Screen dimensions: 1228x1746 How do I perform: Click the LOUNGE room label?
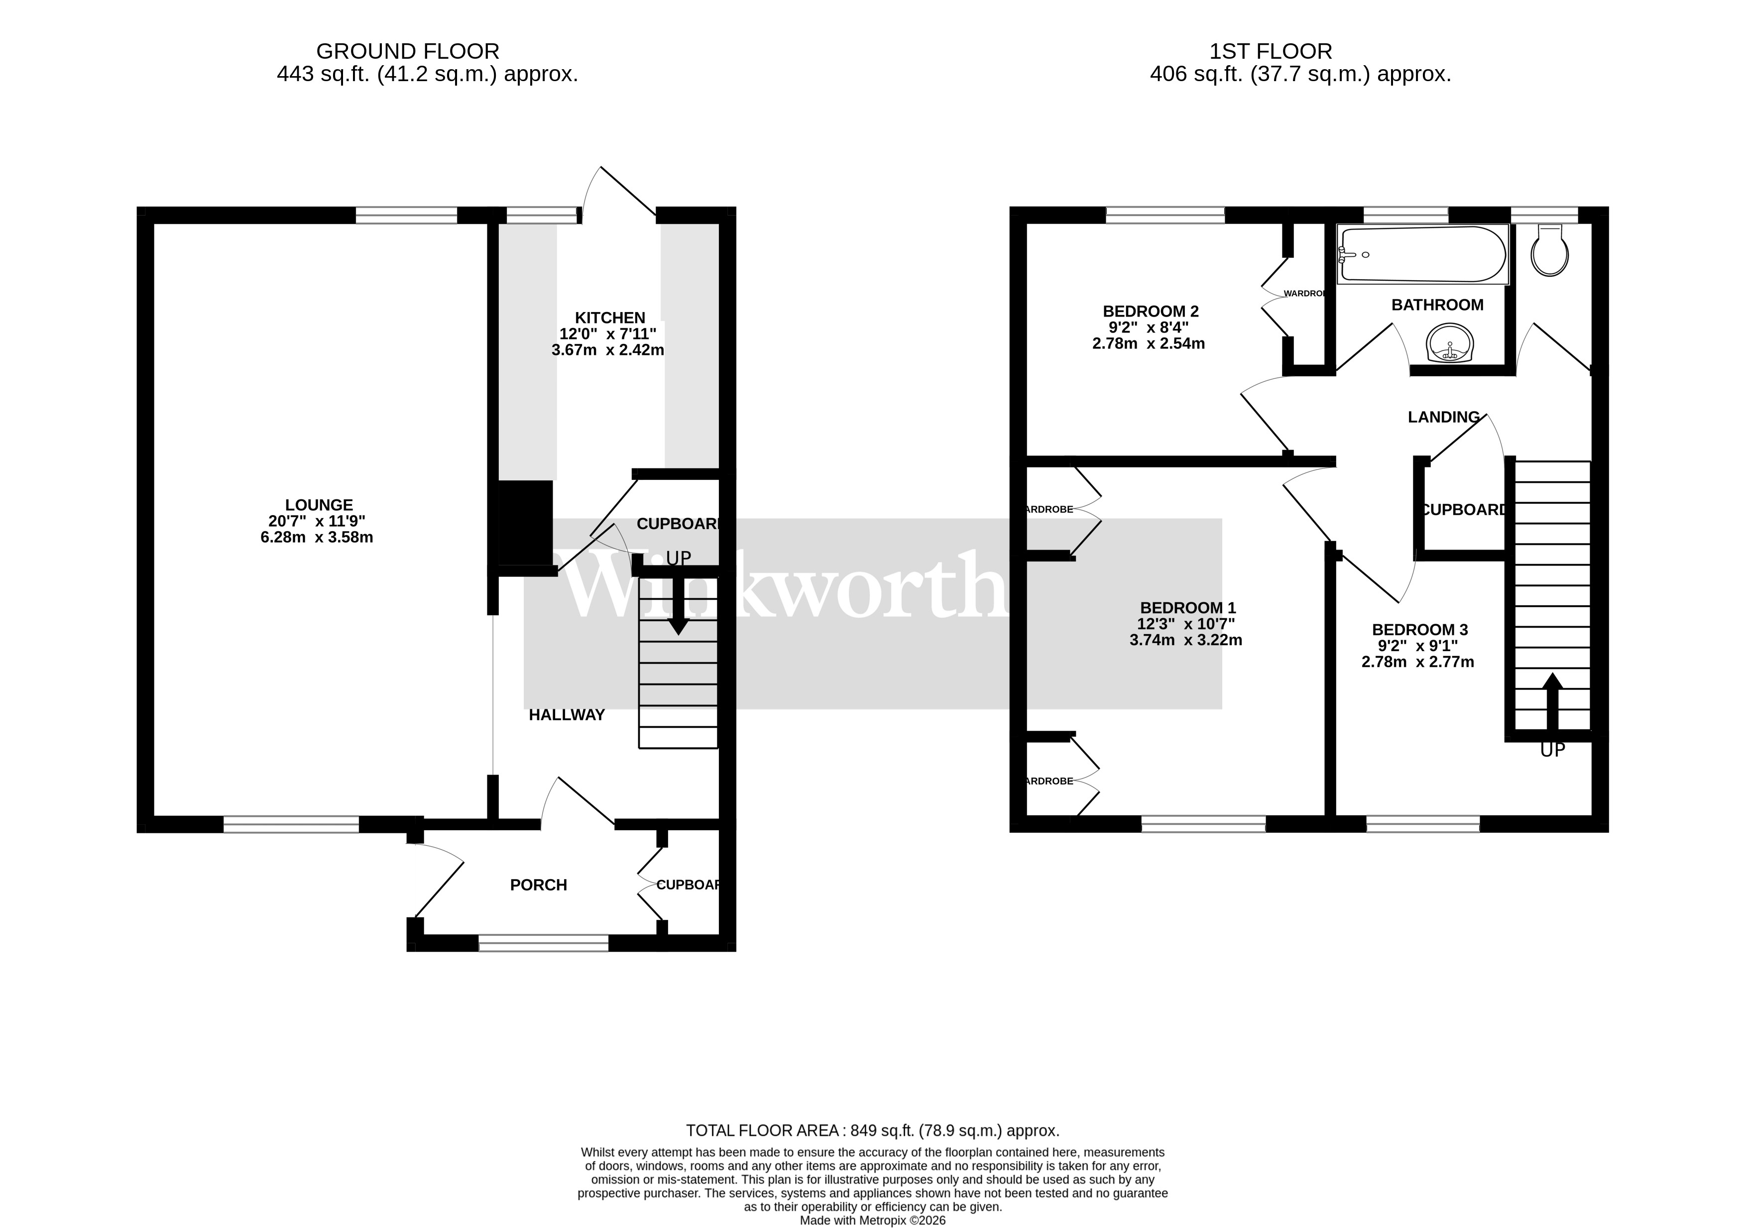pyautogui.click(x=319, y=505)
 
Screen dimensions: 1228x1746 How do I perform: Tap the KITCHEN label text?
pyautogui.click(x=610, y=318)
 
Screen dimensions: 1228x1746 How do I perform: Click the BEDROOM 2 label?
pyautogui.click(x=1151, y=311)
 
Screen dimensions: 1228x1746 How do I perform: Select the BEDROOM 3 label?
pyautogui.click(x=1419, y=630)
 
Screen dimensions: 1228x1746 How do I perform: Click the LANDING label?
pyautogui.click(x=1443, y=417)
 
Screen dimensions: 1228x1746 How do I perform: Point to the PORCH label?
pyautogui.click(x=538, y=885)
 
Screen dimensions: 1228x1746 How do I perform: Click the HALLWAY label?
pyautogui.click(x=567, y=715)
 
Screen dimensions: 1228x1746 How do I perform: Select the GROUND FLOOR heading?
pyautogui.click(x=408, y=52)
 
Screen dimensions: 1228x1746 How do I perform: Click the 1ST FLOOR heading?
pyautogui.click(x=1271, y=52)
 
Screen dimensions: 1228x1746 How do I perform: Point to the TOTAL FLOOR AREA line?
pyautogui.click(x=872, y=1130)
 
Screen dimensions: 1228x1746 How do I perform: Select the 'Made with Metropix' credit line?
pyautogui.click(x=872, y=1221)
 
